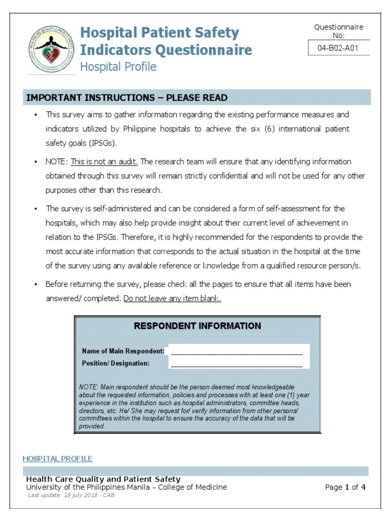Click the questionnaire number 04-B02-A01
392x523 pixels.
coord(339,49)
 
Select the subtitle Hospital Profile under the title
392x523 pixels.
coord(118,67)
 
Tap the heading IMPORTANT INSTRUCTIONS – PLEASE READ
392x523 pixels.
coord(127,98)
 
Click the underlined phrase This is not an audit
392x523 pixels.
coord(104,161)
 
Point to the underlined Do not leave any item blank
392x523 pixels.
coord(173,299)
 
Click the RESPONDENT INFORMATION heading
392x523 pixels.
coord(197,326)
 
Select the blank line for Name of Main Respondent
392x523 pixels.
coord(236,352)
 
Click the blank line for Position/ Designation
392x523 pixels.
coord(236,364)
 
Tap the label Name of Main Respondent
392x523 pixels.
coord(123,351)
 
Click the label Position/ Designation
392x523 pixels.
coord(115,364)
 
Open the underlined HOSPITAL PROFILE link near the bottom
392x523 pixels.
coord(58,459)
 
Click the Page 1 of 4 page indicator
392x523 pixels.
coord(345,487)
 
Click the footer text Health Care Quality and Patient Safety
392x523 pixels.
coord(103,479)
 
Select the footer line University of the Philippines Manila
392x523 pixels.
coord(126,487)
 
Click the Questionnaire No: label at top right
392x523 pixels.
coord(339,31)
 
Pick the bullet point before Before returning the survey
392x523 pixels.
coord(35,284)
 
